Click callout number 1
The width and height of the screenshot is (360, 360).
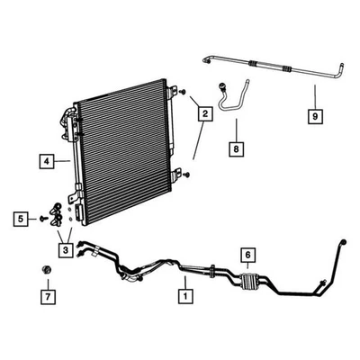click(186, 294)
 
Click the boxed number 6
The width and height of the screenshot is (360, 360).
click(246, 254)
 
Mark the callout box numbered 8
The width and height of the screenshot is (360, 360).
click(236, 147)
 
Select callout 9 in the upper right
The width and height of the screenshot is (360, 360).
click(314, 115)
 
